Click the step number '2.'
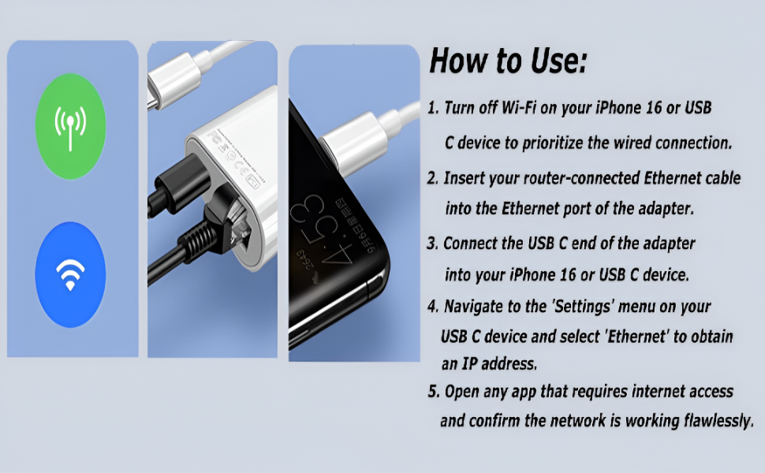[433, 178]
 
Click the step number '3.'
[433, 244]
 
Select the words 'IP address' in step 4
[498, 364]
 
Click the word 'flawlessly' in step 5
[707, 420]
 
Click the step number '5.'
[433, 391]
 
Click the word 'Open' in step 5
[461, 391]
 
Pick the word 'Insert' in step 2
[465, 178]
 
